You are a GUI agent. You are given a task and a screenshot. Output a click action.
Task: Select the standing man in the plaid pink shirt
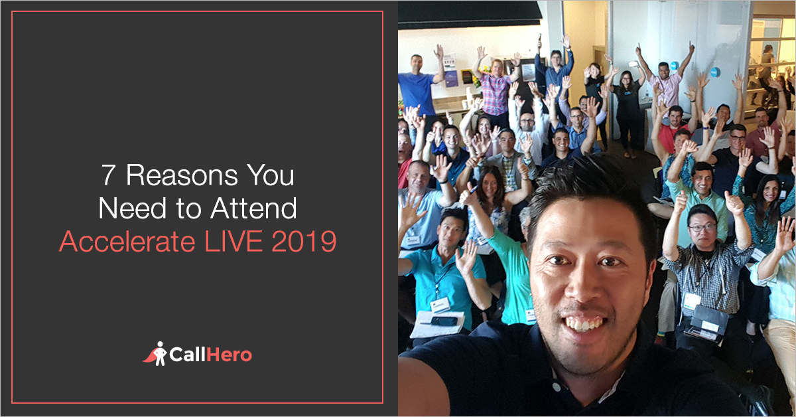tap(496, 90)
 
